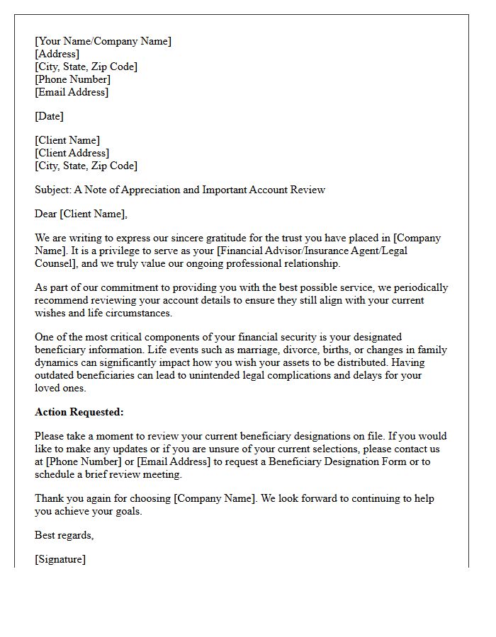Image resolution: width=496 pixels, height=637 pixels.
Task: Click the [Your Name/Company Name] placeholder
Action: tap(103, 41)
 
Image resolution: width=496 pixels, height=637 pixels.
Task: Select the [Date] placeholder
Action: tap(49, 116)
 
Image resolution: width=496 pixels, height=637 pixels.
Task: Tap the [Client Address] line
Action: tap(72, 153)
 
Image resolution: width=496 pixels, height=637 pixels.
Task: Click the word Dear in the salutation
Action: tap(46, 214)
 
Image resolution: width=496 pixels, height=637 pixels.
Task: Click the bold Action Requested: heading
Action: tap(79, 412)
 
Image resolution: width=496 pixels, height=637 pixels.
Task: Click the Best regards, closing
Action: tap(64, 535)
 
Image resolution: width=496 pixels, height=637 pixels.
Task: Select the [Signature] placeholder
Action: tap(60, 559)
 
